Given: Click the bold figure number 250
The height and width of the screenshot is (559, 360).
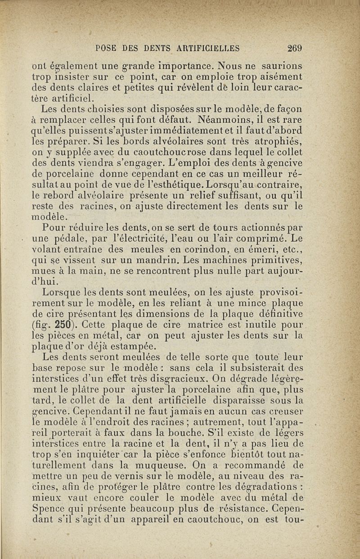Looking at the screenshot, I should coord(66,325).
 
